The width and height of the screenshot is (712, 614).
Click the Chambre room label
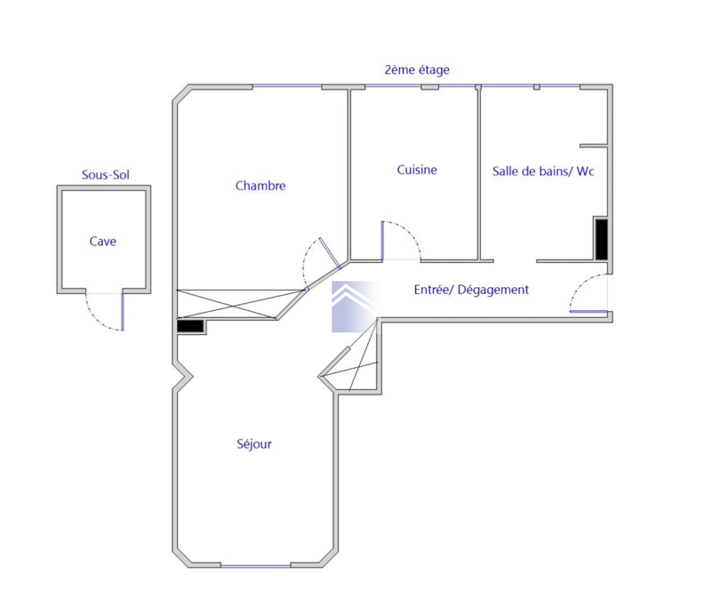(x=260, y=186)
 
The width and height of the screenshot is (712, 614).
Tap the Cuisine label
(x=417, y=170)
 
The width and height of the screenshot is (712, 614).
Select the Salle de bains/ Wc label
(x=543, y=171)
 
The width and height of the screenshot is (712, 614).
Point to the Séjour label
(x=254, y=444)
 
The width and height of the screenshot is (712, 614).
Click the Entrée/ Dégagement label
(x=471, y=290)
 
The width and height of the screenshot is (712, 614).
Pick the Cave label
(x=103, y=241)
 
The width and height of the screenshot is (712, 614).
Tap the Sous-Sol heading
(x=105, y=175)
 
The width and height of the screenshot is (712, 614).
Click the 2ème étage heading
(x=417, y=70)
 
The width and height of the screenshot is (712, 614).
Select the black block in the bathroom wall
(x=602, y=239)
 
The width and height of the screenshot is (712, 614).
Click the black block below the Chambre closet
(x=190, y=326)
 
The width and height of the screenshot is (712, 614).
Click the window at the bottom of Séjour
(x=256, y=566)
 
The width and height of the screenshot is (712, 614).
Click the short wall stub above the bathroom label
(x=594, y=146)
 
